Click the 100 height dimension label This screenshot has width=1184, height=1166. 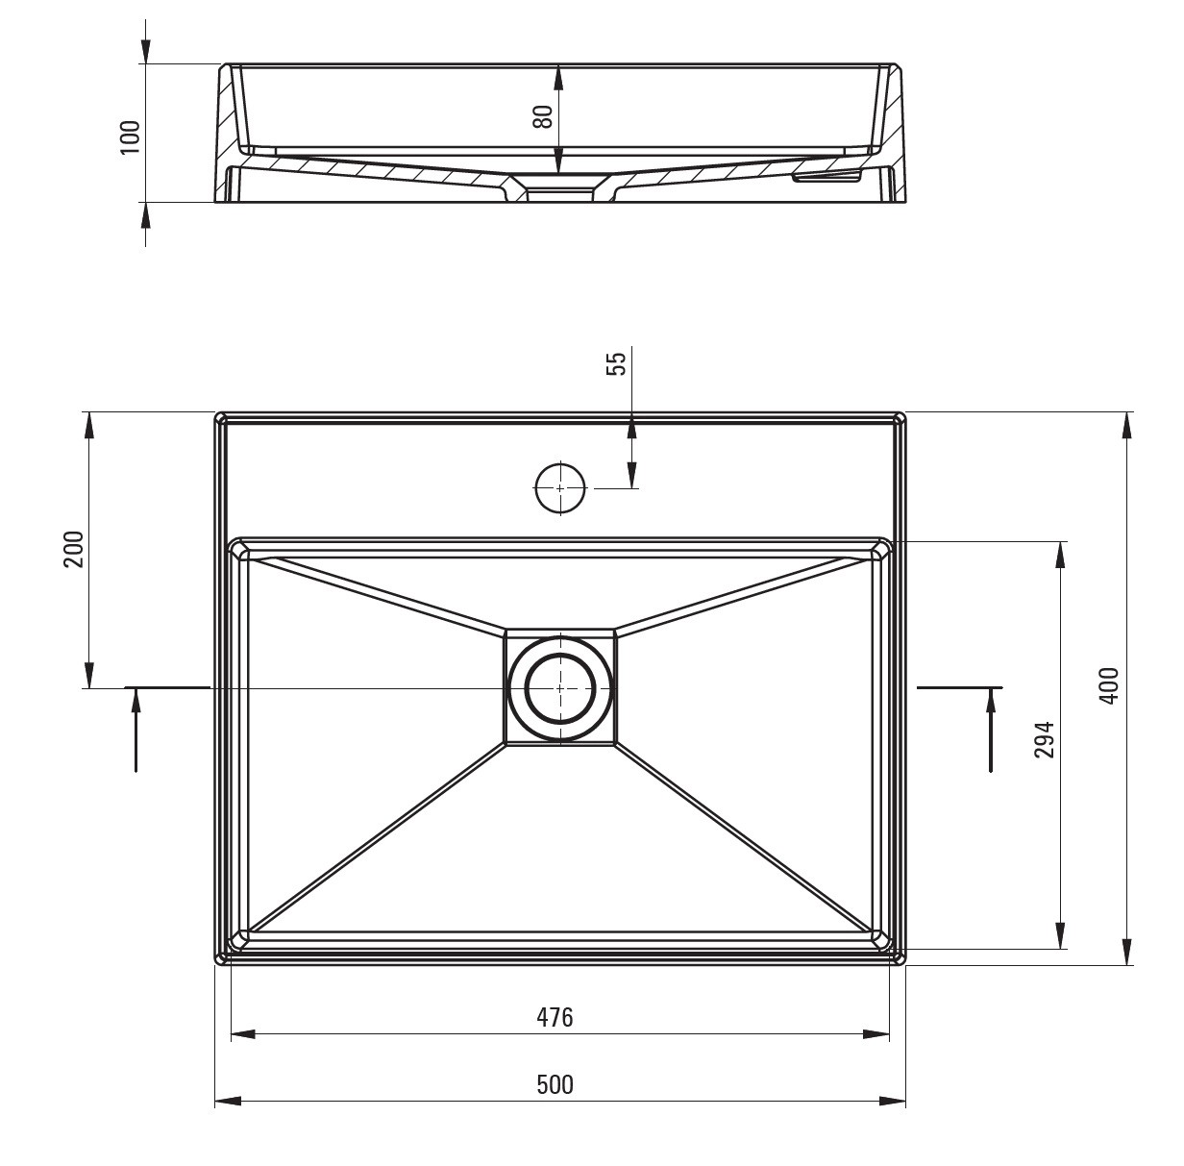click(x=131, y=137)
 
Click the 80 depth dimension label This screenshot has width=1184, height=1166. click(x=543, y=116)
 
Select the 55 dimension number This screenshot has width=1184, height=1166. click(x=616, y=362)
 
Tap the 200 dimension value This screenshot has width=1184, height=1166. click(x=74, y=549)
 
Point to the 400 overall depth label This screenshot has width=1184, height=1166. click(x=1110, y=685)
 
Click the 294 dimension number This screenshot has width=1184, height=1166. click(x=1045, y=739)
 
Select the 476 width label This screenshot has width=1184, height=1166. click(x=555, y=1017)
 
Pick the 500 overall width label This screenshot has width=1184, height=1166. click(x=555, y=1084)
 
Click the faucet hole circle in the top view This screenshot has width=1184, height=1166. click(x=559, y=487)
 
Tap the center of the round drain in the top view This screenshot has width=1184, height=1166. click(x=559, y=688)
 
